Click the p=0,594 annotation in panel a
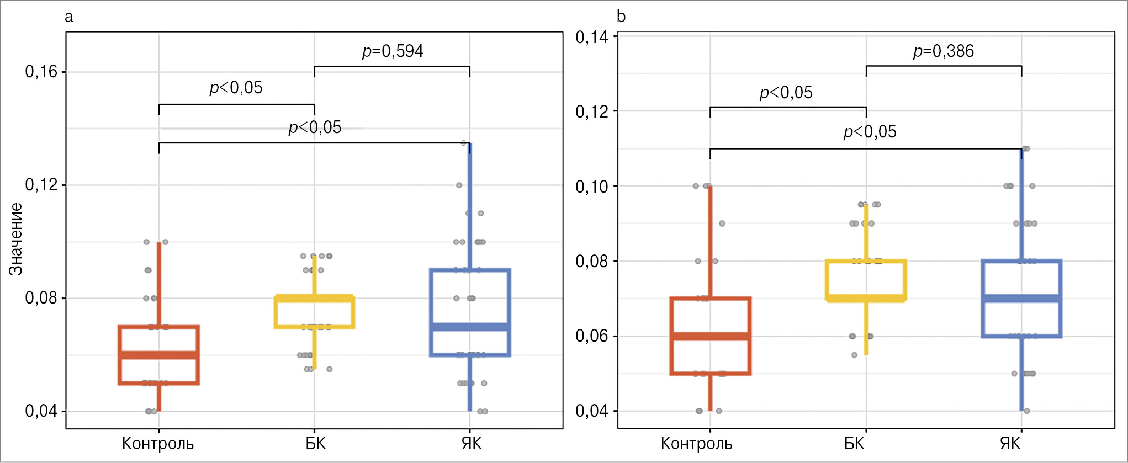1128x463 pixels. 393,51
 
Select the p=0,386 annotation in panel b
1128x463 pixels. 943,51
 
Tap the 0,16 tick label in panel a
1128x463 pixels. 41,72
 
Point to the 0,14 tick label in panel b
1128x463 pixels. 592,37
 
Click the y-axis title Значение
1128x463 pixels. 16,239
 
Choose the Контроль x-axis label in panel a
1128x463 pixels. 158,444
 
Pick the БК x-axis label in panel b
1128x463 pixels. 854,444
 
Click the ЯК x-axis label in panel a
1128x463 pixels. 472,444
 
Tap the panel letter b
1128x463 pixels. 621,17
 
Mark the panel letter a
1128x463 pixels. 68,17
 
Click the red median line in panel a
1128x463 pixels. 159,355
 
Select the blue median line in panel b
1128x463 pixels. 1021,299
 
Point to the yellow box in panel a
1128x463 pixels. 314,312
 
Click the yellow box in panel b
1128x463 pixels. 866,280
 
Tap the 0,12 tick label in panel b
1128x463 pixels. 592,111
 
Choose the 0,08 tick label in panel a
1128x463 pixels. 41,298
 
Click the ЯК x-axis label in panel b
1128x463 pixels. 1010,444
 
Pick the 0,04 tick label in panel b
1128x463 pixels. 592,411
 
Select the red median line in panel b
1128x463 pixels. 711,336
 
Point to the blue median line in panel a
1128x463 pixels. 470,327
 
